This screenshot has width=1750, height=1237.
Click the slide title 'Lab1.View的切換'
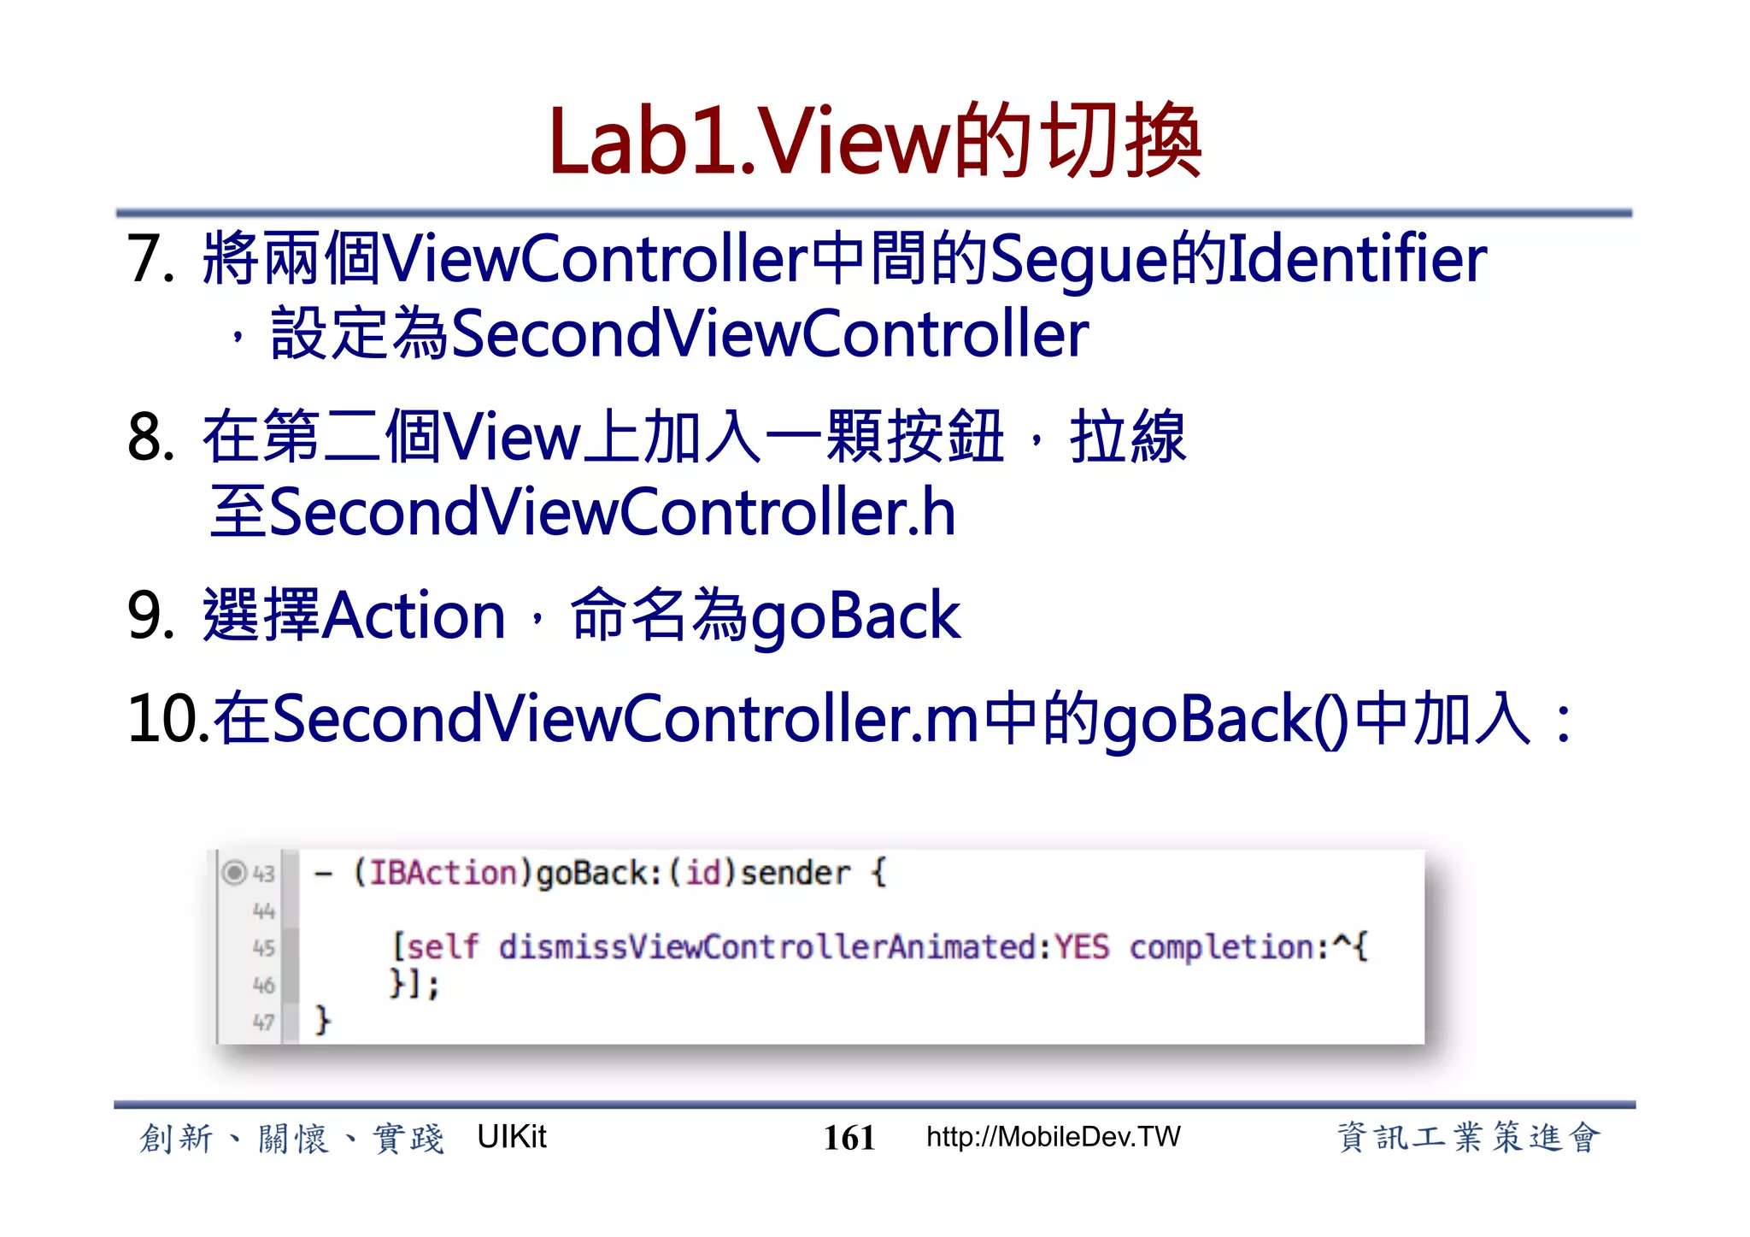[875, 141]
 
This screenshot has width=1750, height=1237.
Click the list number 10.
[164, 718]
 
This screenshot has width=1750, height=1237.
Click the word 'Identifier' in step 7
[1357, 259]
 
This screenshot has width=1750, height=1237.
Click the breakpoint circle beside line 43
[233, 873]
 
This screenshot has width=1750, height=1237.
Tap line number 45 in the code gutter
[264, 948]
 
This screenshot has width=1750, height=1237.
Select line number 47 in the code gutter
[264, 1022]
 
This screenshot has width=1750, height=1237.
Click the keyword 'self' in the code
[442, 947]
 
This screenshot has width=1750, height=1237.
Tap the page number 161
[849, 1138]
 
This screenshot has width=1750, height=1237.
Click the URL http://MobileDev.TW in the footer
[1054, 1137]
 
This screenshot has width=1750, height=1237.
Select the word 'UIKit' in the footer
[511, 1137]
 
